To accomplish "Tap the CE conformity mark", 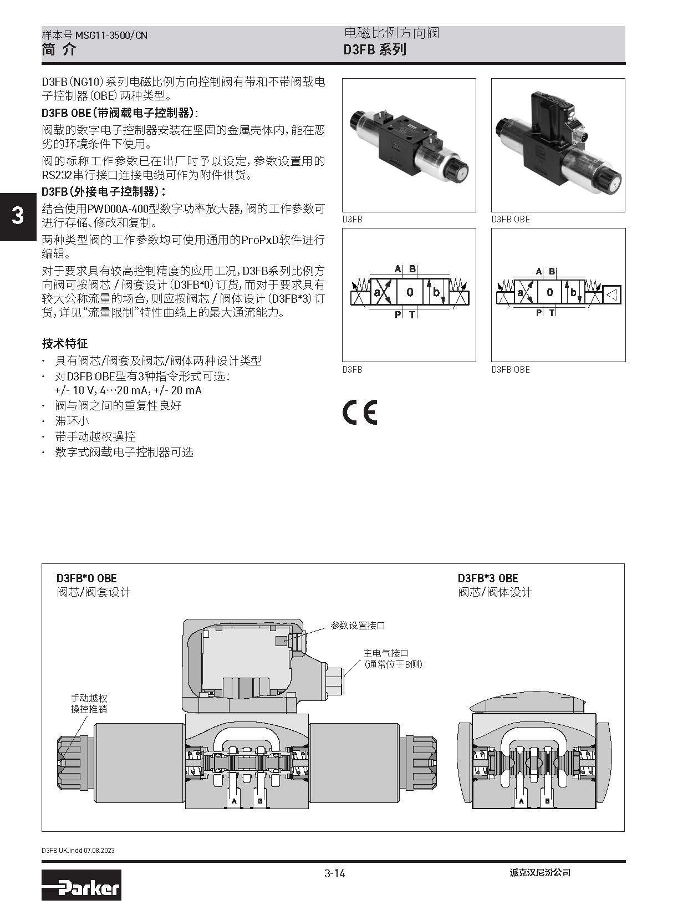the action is pyautogui.click(x=360, y=412).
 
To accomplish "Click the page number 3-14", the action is pyautogui.click(x=335, y=873).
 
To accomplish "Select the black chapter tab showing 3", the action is pyautogui.click(x=18, y=216).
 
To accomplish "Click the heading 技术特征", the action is pyautogui.click(x=65, y=343).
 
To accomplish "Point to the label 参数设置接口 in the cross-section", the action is pyautogui.click(x=358, y=626).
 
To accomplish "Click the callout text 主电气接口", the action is pyautogui.click(x=385, y=653).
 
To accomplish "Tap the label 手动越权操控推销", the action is pyautogui.click(x=89, y=704).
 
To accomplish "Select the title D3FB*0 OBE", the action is pyautogui.click(x=86, y=578).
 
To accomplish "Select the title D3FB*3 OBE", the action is pyautogui.click(x=487, y=578).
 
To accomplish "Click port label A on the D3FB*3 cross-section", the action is pyautogui.click(x=521, y=801).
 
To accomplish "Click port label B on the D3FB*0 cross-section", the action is pyautogui.click(x=260, y=801).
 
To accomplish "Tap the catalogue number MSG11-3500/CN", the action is pyautogui.click(x=111, y=35).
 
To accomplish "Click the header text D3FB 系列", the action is pyautogui.click(x=375, y=49).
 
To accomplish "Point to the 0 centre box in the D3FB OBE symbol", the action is pyautogui.click(x=550, y=293).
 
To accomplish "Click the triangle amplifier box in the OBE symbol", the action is pyautogui.click(x=612, y=295).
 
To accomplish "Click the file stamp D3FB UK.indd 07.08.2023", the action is pyautogui.click(x=78, y=850).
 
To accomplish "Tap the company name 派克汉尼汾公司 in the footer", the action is pyautogui.click(x=539, y=872).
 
